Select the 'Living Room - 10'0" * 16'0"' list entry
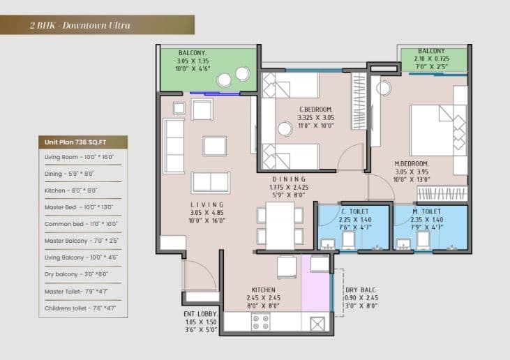pyautogui.click(x=79, y=158)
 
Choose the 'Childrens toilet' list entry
pyautogui.click(x=80, y=307)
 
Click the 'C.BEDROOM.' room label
pyautogui.click(x=315, y=110)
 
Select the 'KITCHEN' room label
pyautogui.click(x=264, y=290)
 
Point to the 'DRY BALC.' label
pyautogui.click(x=361, y=290)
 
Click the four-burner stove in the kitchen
pyautogui.click(x=260, y=322)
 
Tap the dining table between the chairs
pyautogui.click(x=280, y=225)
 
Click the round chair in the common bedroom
pyautogui.click(x=285, y=128)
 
